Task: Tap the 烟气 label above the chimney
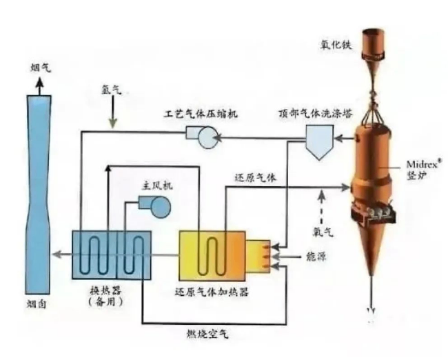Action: tap(40, 67)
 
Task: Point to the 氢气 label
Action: tap(111, 90)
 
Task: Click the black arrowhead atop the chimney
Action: tap(40, 82)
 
